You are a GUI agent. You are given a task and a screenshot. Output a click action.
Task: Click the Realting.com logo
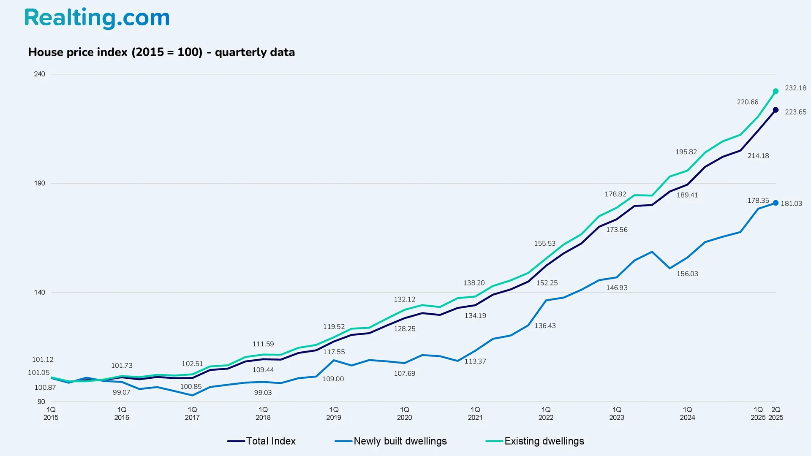[97, 18]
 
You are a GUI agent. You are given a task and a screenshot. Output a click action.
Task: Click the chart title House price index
[161, 52]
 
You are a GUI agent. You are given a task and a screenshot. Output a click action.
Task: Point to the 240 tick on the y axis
[39, 74]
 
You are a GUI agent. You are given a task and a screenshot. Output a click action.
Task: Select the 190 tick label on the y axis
[39, 183]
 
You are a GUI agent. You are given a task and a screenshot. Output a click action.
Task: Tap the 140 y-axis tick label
[39, 292]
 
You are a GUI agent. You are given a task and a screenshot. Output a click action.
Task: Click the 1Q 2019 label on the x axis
[334, 413]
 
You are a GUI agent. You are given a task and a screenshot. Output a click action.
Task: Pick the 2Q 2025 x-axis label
[776, 413]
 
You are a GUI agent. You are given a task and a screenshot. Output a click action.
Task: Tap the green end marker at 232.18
[776, 91]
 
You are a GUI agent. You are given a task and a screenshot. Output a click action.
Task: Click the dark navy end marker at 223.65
[776, 110]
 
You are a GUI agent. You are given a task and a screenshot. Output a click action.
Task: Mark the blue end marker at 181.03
[776, 203]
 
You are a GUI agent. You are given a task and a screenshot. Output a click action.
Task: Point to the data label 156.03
[687, 274]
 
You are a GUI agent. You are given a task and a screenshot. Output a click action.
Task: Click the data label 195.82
[686, 152]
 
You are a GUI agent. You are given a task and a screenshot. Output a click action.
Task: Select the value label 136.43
[545, 326]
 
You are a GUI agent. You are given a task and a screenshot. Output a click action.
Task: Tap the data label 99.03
[263, 393]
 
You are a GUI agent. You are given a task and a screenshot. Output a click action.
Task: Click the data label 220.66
[747, 102]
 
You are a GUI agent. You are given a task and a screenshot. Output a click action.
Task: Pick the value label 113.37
[475, 361]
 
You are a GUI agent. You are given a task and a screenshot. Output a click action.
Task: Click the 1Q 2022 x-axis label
[546, 413]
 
